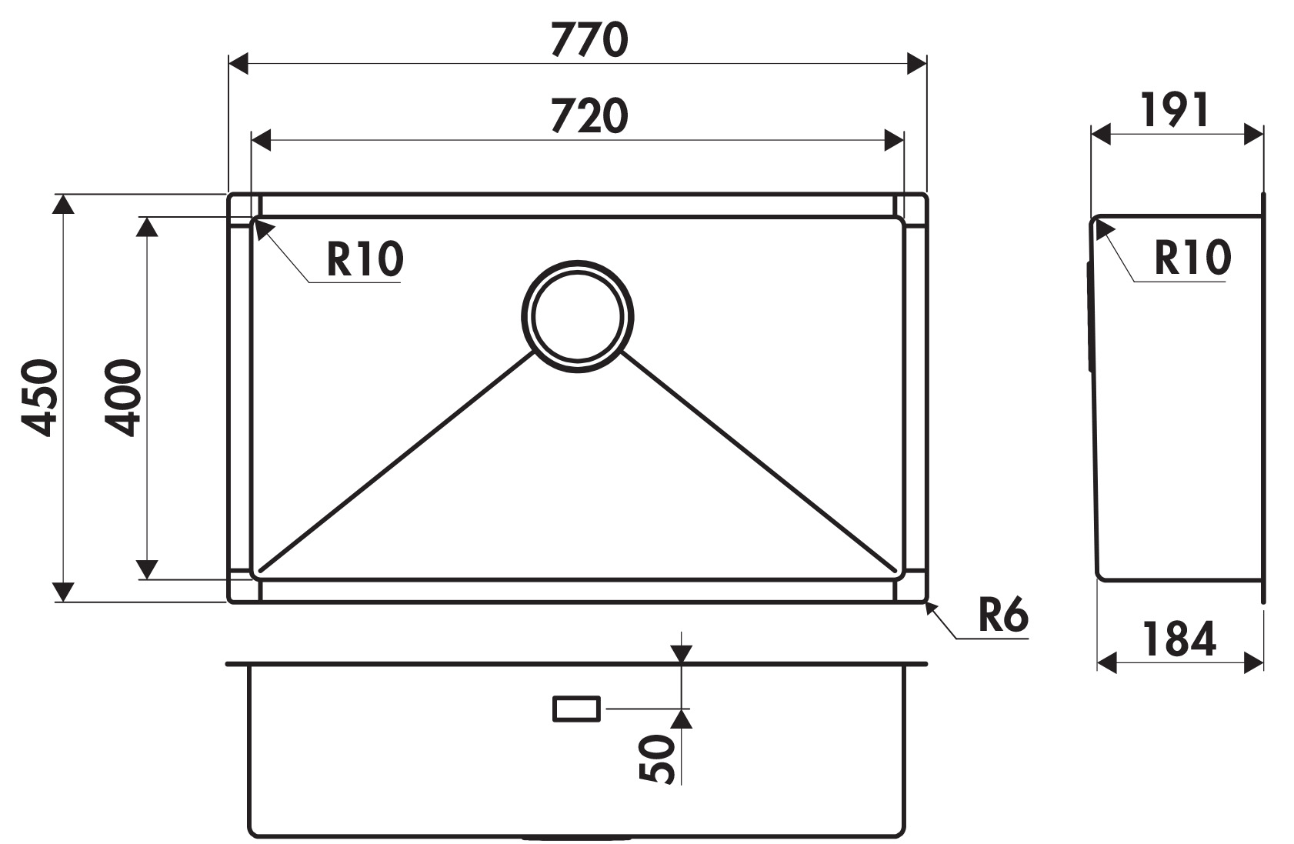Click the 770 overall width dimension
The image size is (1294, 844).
click(x=589, y=39)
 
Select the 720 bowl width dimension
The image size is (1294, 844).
click(x=589, y=115)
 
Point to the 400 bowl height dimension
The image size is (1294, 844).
click(x=123, y=398)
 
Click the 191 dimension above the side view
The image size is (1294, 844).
click(x=1175, y=110)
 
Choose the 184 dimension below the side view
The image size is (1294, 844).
click(x=1179, y=639)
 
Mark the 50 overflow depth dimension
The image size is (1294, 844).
click(x=658, y=759)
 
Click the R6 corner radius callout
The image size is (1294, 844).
click(x=1003, y=615)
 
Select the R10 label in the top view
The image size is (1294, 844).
click(x=365, y=259)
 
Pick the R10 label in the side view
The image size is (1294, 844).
click(x=1192, y=258)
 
